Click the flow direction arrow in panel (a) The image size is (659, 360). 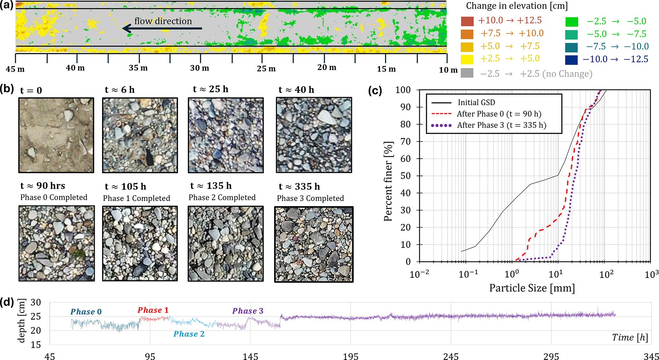pos(162,28)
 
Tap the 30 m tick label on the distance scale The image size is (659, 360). pos(200,68)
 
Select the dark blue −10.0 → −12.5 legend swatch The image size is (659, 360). pos(571,60)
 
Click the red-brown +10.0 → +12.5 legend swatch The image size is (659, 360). pos(467,21)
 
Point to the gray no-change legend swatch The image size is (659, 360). pos(467,73)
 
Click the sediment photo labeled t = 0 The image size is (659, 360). pos(56,135)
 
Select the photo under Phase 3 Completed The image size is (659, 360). pos(314,244)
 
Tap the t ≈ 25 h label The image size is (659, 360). pos(210,90)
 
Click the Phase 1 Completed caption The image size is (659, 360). pos(136,198)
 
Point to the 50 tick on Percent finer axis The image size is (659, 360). pos(405,176)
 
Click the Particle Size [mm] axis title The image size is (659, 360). pos(532,288)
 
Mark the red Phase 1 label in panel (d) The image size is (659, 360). pos(153,310)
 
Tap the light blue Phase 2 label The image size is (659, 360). pos(189,334)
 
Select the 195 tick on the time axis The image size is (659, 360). pos(350,356)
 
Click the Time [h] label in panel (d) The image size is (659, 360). pos(630,337)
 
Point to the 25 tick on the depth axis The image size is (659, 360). pos(36,316)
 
